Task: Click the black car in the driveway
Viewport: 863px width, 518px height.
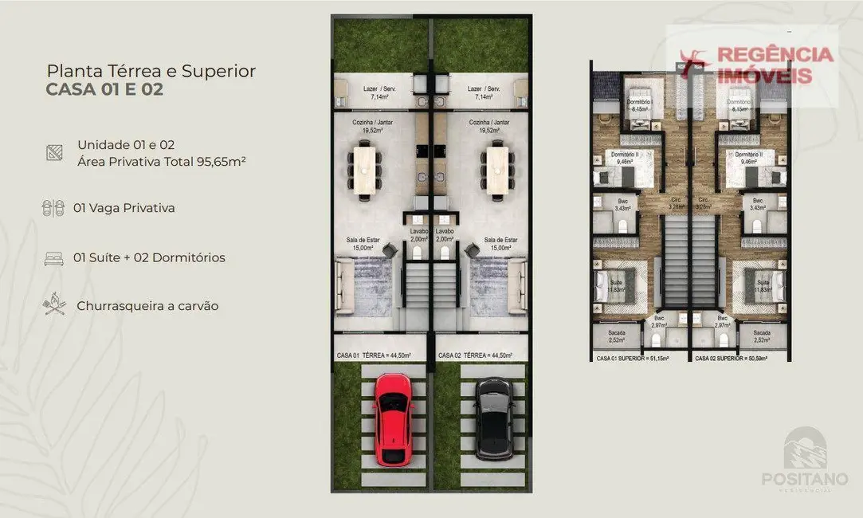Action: tap(494, 418)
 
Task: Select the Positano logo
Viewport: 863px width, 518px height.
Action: tap(805, 458)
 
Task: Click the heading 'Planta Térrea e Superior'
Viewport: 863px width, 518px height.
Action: tap(151, 71)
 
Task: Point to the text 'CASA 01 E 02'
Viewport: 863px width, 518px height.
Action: tap(104, 89)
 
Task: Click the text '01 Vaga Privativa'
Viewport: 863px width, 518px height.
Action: tap(124, 208)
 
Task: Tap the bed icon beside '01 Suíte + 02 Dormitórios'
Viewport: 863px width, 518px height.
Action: tap(53, 257)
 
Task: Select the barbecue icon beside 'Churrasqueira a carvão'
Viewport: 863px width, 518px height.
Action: tap(53, 304)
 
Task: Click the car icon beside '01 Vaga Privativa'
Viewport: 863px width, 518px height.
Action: tap(53, 208)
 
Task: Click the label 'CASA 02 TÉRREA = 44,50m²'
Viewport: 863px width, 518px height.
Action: tap(475, 355)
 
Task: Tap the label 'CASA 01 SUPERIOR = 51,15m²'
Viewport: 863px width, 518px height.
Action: tap(633, 359)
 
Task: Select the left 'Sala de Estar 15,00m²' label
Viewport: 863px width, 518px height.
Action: tap(365, 243)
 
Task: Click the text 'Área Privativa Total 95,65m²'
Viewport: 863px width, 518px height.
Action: tap(161, 161)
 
